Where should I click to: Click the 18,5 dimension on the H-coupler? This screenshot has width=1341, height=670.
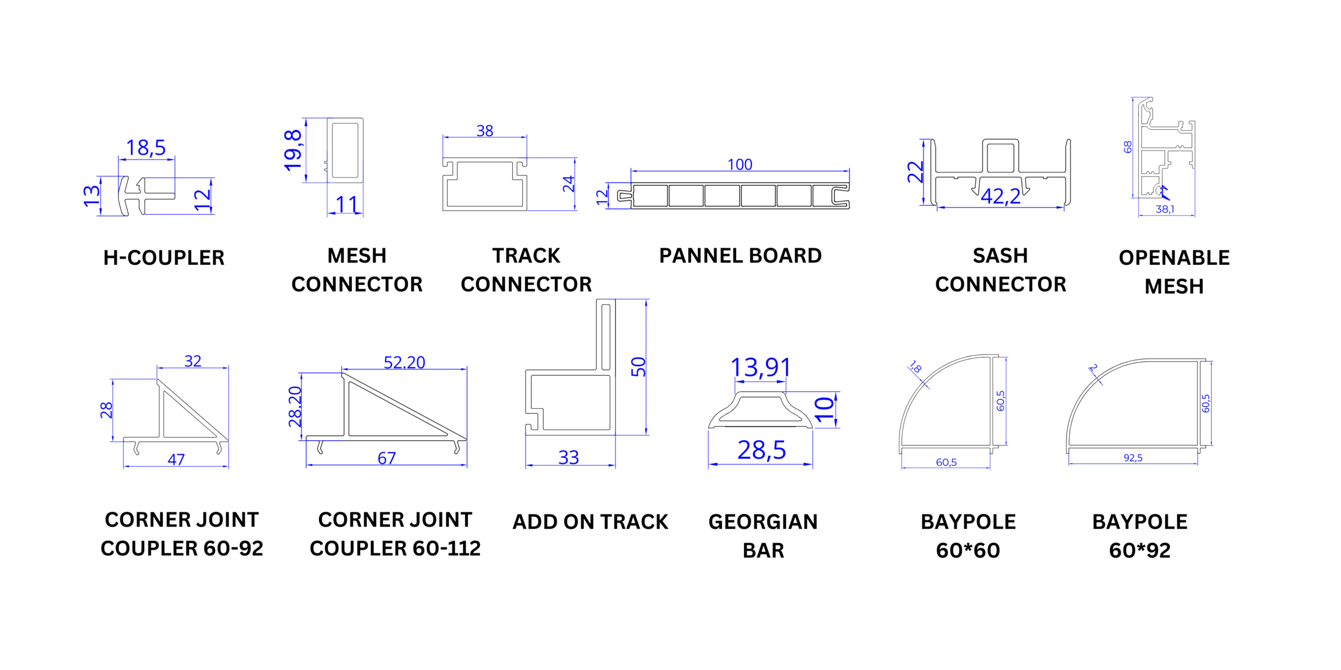pos(146,148)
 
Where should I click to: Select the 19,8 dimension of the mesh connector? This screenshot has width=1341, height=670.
pos(293,150)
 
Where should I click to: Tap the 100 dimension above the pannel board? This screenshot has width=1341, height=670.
pos(740,164)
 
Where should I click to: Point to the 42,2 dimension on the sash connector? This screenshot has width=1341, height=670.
pos(1001,196)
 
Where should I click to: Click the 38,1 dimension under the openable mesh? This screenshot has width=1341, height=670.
pos(1165,209)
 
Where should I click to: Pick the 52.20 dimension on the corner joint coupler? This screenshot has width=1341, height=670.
pos(404,362)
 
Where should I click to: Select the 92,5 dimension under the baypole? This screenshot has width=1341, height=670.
pos(1133,458)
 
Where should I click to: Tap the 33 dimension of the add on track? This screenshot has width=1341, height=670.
pos(569,457)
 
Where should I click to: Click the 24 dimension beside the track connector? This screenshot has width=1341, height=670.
pos(568,184)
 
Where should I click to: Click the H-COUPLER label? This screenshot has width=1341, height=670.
pos(164,258)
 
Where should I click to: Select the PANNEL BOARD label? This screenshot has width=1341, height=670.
pos(740,255)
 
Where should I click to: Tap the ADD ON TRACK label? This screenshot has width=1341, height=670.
pos(590,522)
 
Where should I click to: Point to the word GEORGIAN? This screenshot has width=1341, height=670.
pos(763,522)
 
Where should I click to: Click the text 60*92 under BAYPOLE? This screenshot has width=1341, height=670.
pos(1140,550)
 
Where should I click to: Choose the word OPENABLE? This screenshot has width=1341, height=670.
pos(1174,258)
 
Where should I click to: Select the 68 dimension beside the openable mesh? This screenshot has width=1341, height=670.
pos(1128,147)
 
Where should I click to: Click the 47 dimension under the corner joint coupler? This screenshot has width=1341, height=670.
pos(176,460)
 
